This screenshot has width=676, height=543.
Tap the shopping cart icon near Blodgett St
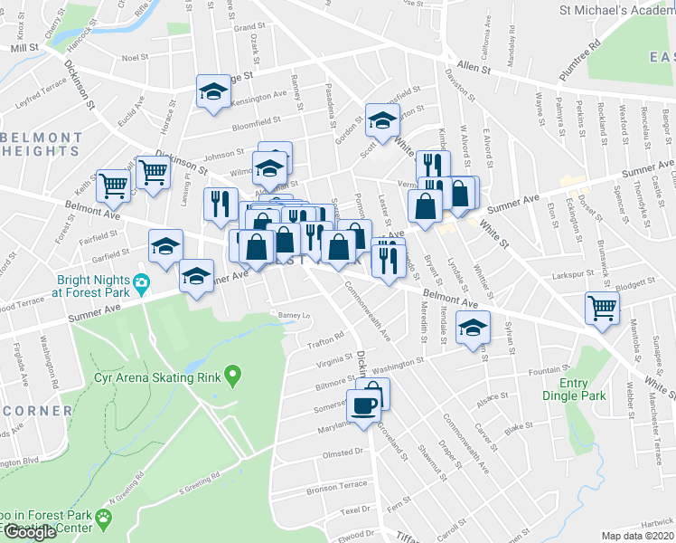(x=602, y=308)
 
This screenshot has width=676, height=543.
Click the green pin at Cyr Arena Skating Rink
(x=232, y=373)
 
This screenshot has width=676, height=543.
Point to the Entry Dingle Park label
(x=575, y=389)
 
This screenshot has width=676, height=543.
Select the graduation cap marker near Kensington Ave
(x=214, y=91)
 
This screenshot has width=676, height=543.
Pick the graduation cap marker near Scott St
(x=382, y=119)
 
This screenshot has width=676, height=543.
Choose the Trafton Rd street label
(x=326, y=337)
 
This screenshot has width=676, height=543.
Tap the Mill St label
(x=24, y=46)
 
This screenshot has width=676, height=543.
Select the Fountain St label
(x=549, y=369)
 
